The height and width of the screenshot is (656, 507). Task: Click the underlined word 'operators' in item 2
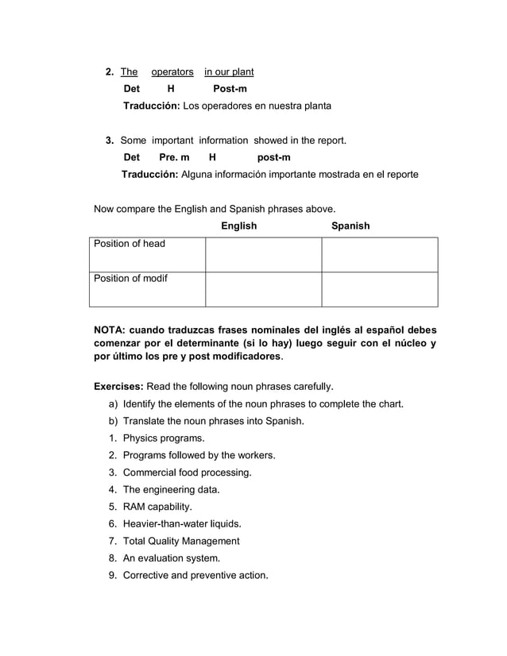(172, 72)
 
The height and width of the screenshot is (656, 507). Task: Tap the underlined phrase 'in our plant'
(229, 72)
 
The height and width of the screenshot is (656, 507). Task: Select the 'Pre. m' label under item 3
(175, 157)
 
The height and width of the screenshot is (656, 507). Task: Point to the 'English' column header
(238, 226)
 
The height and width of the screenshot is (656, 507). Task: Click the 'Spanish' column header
(350, 226)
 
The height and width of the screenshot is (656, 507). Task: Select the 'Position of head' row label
(130, 244)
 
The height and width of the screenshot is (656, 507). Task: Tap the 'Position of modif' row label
(131, 278)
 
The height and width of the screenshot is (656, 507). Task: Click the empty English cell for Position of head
(263, 254)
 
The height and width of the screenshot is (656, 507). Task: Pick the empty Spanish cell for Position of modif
(379, 289)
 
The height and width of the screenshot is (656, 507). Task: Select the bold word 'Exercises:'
(119, 387)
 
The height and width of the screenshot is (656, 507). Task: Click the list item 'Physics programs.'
(163, 438)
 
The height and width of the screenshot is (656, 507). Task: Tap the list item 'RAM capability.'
(157, 507)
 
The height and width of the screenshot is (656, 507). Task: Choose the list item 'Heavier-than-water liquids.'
(182, 524)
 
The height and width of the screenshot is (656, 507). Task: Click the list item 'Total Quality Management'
(180, 541)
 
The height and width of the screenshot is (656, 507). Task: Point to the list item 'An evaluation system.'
(171, 558)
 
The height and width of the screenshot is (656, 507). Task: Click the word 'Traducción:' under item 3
(150, 174)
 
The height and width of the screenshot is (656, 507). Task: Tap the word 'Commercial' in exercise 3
(149, 473)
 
